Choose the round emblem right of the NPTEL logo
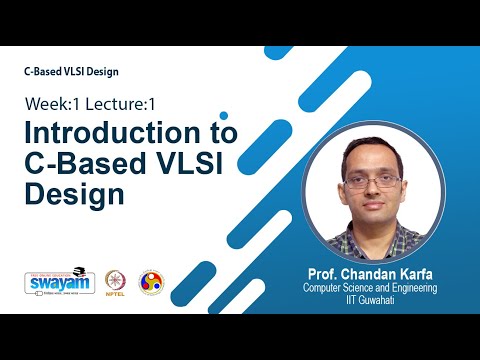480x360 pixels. pos(151,282)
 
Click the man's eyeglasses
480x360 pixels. pos(372,184)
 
